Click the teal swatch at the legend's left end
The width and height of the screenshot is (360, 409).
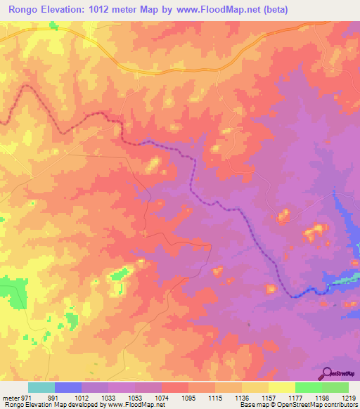(x=41, y=387)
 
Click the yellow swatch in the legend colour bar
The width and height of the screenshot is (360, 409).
(x=282, y=387)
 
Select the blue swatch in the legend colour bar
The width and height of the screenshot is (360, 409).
(x=67, y=387)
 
